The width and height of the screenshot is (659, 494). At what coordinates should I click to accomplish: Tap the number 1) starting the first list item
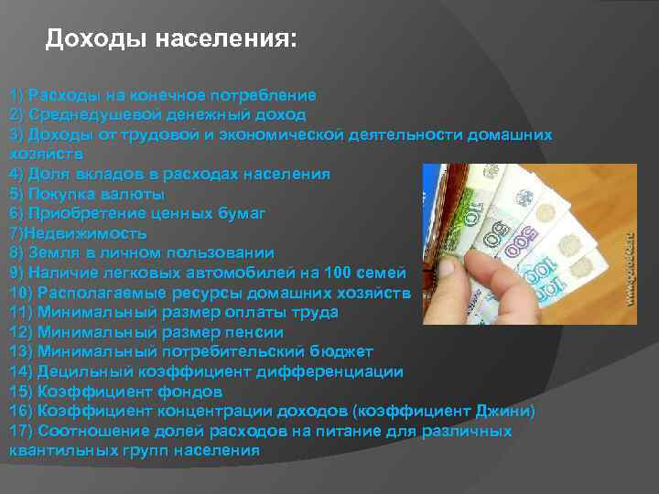coord(16,95)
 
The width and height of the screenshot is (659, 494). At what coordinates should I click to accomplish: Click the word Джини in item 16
coord(505,411)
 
